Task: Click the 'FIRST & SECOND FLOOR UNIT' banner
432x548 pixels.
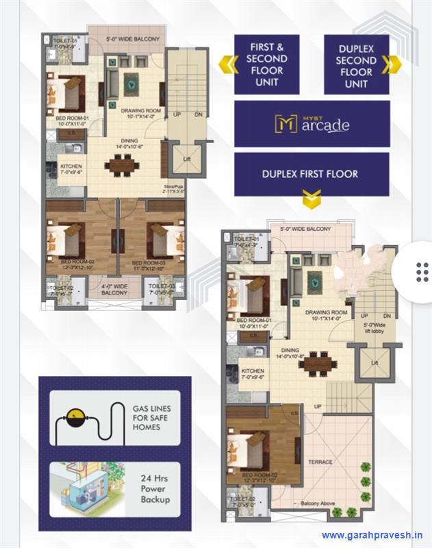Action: pyautogui.click(x=266, y=64)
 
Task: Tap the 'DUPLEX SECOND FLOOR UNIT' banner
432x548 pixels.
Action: pyautogui.click(x=356, y=66)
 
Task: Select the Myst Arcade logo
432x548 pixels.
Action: pyautogui.click(x=312, y=124)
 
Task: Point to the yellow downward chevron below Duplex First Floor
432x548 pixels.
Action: pyautogui.click(x=312, y=200)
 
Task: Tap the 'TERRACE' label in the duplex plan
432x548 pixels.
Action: pyautogui.click(x=319, y=462)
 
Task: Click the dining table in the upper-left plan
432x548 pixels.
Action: pyautogui.click(x=122, y=165)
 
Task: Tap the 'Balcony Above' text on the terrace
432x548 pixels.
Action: pyautogui.click(x=317, y=504)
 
